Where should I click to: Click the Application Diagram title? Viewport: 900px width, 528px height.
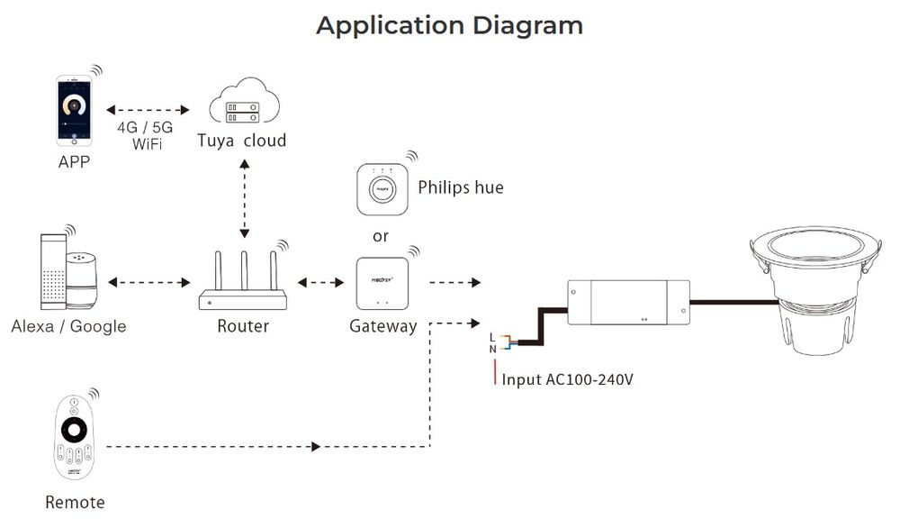click(449, 25)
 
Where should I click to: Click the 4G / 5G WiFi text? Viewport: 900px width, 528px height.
click(145, 135)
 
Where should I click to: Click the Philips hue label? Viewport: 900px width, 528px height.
click(461, 187)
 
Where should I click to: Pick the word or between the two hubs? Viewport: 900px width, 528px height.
click(381, 236)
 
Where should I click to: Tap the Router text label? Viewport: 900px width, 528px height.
click(243, 326)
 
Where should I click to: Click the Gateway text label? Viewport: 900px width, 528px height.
click(382, 326)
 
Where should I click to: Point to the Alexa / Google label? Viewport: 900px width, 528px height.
click(68, 326)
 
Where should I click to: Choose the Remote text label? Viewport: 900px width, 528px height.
click(75, 502)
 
